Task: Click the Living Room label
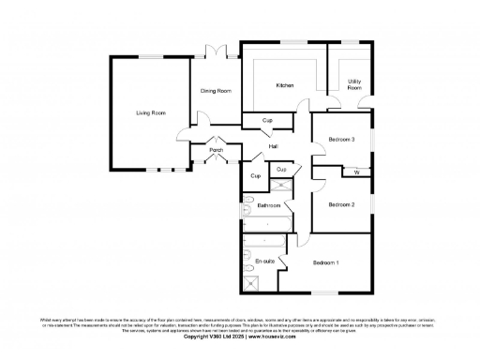pyautogui.click(x=151, y=112)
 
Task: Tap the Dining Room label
pyautogui.click(x=216, y=91)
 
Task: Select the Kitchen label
pyautogui.click(x=285, y=85)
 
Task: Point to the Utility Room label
pyautogui.click(x=354, y=84)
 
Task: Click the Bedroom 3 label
pyautogui.click(x=341, y=140)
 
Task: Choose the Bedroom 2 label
pyautogui.click(x=341, y=204)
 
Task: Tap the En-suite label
pyautogui.click(x=265, y=262)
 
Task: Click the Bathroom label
pyautogui.click(x=270, y=205)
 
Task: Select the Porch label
pyautogui.click(x=217, y=150)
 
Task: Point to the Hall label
pyautogui.click(x=273, y=146)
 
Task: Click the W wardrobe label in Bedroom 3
pyautogui.click(x=356, y=172)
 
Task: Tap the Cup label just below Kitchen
pyautogui.click(x=267, y=120)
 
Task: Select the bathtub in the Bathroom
pyautogui.click(x=268, y=224)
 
